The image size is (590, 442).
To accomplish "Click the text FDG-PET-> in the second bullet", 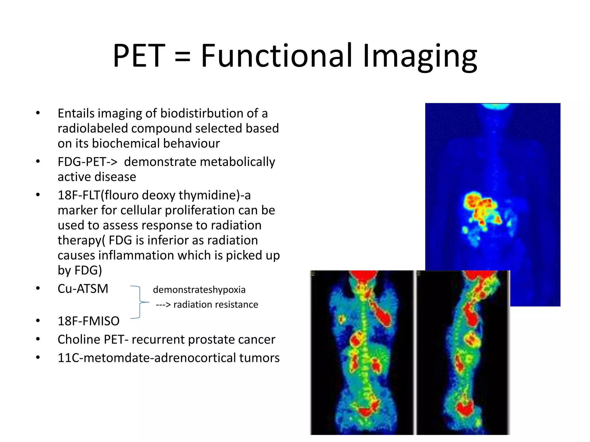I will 87,162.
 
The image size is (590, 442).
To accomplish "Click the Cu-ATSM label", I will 83,289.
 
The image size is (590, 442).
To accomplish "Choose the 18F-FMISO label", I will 88,321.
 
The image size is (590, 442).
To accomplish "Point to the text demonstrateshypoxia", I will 199,290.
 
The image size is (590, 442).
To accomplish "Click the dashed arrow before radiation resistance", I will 163,305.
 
